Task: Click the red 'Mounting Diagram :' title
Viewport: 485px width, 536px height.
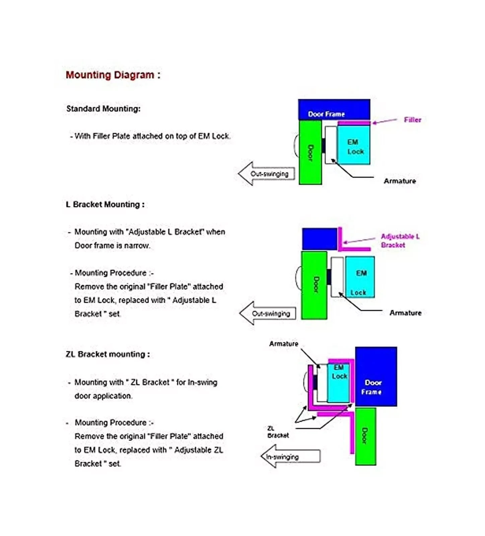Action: [x=113, y=75]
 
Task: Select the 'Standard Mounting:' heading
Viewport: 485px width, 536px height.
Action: [x=103, y=109]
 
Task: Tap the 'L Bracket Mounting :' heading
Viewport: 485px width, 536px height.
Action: [x=105, y=204]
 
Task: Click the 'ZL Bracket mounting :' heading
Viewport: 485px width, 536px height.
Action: [x=108, y=354]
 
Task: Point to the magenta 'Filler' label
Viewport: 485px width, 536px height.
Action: [x=412, y=120]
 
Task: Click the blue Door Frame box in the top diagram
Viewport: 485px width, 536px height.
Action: [x=334, y=110]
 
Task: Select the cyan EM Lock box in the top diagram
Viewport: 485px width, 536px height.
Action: [x=353, y=145]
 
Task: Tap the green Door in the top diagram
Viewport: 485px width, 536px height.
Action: [x=310, y=152]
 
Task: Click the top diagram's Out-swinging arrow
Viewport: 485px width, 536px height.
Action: [x=267, y=174]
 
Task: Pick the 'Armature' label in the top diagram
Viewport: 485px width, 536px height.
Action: [x=400, y=181]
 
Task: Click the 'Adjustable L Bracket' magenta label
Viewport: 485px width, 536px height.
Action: [x=400, y=241]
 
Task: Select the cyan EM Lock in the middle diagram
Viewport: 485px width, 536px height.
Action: [x=360, y=277]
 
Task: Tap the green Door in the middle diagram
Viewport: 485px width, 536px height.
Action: [x=314, y=285]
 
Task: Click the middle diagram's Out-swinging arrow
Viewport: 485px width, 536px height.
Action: [x=268, y=313]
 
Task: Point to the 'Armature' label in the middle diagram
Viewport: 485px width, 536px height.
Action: [x=405, y=313]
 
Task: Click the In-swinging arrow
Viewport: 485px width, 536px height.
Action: [x=290, y=456]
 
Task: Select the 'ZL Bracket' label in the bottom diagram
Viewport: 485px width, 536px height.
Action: [x=278, y=432]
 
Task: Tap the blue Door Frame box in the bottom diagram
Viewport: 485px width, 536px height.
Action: [x=376, y=377]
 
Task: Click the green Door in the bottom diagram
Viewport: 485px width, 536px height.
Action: [x=365, y=436]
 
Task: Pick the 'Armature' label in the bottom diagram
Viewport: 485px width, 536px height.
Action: [x=284, y=344]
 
